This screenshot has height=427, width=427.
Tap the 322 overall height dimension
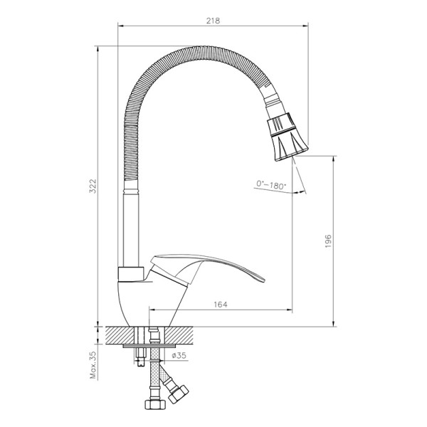pyautogui.click(x=93, y=186)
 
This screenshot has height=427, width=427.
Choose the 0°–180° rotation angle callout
pyautogui.click(x=270, y=186)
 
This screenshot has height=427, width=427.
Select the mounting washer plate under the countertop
pyautogui.click(x=146, y=346)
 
